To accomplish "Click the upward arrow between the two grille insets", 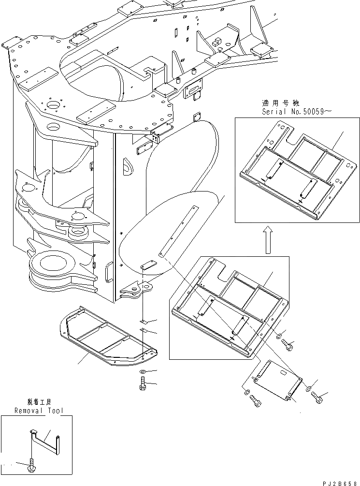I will [266, 240].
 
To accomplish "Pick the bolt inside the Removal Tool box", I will [31, 466].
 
